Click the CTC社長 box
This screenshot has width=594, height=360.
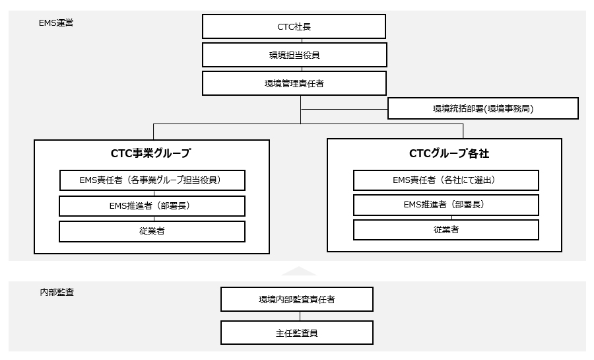[294, 27]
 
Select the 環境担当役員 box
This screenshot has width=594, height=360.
[294, 55]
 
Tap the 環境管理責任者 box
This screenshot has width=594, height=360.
[294, 84]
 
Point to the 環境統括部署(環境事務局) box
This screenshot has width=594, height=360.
[482, 108]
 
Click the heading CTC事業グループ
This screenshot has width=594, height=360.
[151, 154]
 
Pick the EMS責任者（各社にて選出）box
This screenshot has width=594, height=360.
[445, 180]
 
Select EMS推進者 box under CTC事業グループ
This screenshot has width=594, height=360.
[152, 205]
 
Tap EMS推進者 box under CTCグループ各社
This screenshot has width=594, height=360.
[445, 205]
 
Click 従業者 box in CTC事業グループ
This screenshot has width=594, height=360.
[152, 231]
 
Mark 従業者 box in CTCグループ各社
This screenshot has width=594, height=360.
[445, 230]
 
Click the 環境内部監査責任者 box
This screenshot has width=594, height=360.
[297, 299]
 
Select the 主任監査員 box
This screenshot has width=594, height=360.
[297, 332]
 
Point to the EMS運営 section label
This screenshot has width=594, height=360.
[56, 22]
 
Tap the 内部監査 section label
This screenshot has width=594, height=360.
[56, 292]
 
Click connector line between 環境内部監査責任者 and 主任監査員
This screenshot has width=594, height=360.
[297, 316]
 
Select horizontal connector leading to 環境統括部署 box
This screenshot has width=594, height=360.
[344, 109]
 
